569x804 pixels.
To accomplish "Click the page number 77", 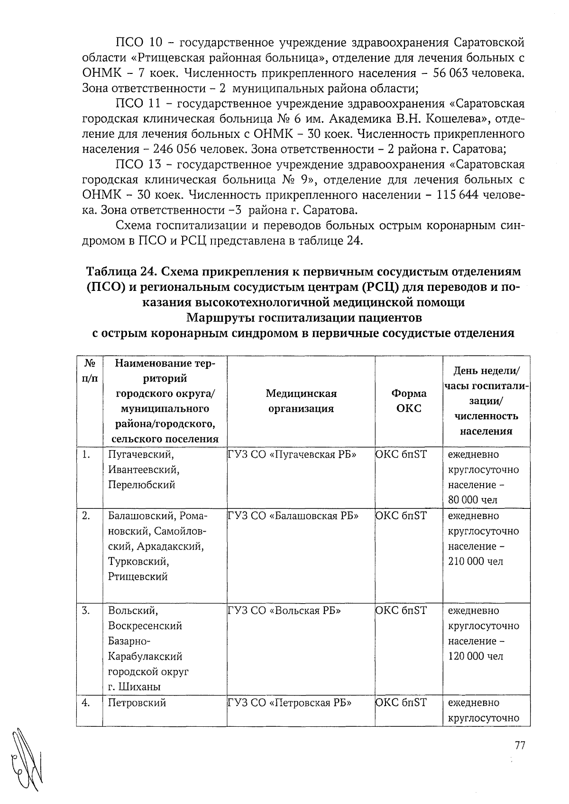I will click(x=520, y=745).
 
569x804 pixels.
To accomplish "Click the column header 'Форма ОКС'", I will click(x=408, y=400).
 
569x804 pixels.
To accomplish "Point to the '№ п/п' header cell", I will click(x=89, y=371).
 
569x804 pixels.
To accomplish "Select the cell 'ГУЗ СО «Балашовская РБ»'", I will click(x=293, y=515).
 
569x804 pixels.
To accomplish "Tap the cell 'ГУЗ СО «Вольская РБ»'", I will click(x=284, y=610).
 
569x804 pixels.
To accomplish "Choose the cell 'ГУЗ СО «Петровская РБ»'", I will click(x=289, y=702).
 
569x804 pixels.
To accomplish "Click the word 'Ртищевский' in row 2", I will click(x=138, y=577).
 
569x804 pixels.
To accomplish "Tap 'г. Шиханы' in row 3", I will click(x=134, y=687).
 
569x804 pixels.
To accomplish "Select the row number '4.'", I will click(x=86, y=702).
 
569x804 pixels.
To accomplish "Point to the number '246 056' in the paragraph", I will click(x=175, y=149).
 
